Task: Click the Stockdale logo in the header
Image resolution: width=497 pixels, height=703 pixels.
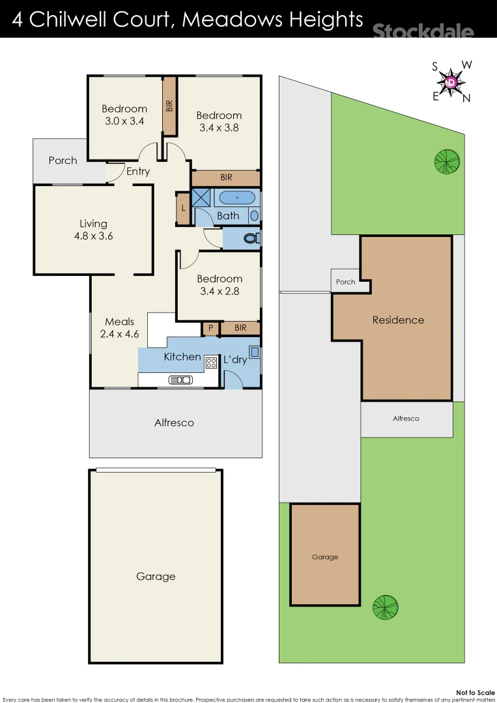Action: pos(423,30)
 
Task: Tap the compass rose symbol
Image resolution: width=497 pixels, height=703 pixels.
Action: pos(451,82)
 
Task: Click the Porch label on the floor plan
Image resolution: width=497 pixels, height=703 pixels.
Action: pos(63,161)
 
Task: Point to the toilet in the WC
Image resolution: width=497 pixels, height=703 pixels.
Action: pos(250,239)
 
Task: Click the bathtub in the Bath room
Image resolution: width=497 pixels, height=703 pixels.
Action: pos(235,197)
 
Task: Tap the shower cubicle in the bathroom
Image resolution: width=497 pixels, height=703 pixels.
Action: pos(201,198)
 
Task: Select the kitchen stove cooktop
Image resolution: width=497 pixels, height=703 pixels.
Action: pos(211,363)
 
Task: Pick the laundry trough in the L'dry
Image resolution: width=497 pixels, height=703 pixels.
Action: pos(254,352)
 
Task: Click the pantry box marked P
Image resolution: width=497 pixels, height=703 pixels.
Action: pos(210,328)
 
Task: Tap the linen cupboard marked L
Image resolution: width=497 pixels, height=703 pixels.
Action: pos(182,209)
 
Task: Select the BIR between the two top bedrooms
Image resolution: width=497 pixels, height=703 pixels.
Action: pos(169,107)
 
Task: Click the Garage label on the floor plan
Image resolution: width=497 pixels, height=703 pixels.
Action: pos(156,576)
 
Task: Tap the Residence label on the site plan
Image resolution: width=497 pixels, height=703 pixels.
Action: pos(398,320)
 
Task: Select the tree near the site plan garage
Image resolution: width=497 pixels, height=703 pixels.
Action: pos(385,607)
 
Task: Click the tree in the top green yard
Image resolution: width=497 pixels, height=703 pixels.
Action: pos(447,161)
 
